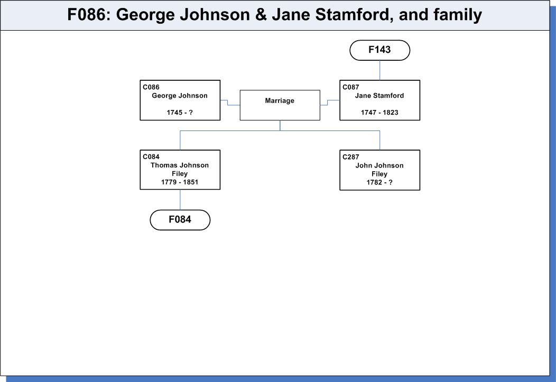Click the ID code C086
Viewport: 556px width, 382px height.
point(151,87)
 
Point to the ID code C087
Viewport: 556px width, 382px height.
point(351,87)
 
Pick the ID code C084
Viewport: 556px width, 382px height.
point(151,156)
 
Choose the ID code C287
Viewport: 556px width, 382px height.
point(351,157)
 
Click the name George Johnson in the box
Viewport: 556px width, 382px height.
point(180,96)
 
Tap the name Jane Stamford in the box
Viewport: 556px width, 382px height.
point(379,96)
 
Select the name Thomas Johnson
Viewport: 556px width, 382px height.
point(180,165)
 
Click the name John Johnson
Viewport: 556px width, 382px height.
point(379,165)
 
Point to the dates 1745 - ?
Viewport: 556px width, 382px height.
point(180,113)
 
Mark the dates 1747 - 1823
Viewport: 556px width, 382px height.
point(379,113)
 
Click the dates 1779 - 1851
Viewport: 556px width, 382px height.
point(180,182)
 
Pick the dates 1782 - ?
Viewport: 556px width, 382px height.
point(379,182)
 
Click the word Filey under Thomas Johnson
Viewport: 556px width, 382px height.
point(180,174)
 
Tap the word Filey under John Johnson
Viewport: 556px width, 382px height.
point(379,174)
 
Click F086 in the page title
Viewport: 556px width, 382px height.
point(86,15)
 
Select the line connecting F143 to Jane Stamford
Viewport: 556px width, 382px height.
point(380,70)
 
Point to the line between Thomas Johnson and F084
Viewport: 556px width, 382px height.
point(180,200)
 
